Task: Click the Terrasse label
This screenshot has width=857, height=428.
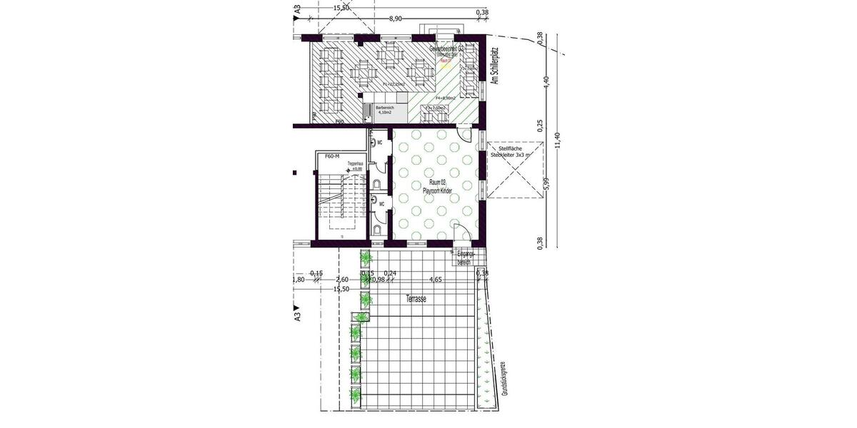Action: click(414, 300)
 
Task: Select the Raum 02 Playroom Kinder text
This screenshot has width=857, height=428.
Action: click(433, 188)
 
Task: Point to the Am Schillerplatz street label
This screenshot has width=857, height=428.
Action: click(493, 67)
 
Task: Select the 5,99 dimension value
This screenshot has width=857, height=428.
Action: click(546, 185)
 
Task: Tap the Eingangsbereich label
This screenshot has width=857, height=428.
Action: click(464, 258)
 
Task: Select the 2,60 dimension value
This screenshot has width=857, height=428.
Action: click(342, 280)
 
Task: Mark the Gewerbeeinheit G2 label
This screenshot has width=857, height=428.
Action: click(447, 48)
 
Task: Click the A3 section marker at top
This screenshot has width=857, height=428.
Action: click(296, 9)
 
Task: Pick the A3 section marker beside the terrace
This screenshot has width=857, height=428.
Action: click(296, 314)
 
